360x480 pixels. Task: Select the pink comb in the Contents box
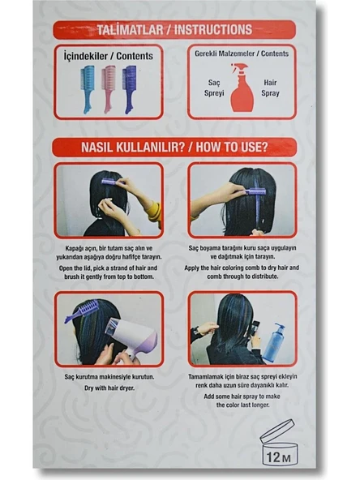108,88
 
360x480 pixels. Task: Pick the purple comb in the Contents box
129,88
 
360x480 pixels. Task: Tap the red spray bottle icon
242,88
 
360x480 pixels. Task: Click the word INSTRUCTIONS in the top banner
213,30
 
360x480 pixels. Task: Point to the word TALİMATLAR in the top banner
130,30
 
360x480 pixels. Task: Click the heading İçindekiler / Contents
109,56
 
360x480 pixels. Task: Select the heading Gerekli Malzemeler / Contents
242,54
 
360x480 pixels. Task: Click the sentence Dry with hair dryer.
109,388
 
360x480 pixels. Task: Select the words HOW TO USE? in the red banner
232,148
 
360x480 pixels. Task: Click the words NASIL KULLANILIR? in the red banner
132,148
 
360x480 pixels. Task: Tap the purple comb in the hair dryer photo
81,312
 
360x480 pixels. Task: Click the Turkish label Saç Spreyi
214,88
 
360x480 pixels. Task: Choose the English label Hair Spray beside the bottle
270,88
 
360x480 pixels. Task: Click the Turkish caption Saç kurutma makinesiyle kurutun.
109,377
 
